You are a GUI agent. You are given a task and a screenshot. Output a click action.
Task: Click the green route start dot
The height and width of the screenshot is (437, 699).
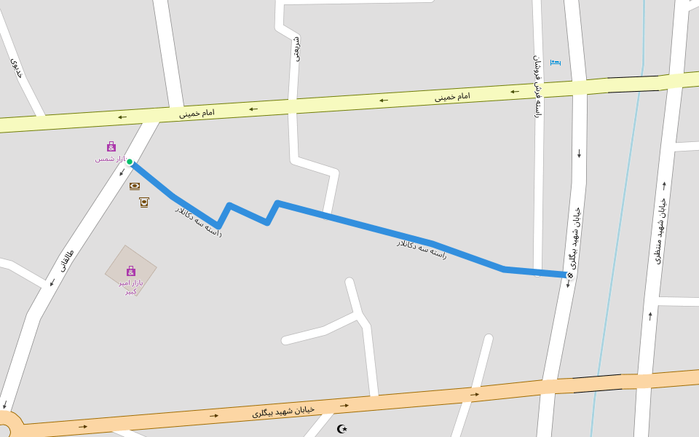click(130, 162)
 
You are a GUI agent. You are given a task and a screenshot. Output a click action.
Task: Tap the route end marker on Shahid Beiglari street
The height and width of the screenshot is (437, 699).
click(569, 275)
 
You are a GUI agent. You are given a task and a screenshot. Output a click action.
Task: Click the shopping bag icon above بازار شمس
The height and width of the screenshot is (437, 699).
click(111, 146)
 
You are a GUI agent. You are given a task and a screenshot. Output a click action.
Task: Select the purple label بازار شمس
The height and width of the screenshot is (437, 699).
click(110, 159)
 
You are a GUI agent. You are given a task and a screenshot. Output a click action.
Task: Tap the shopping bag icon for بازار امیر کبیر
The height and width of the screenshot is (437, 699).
click(131, 271)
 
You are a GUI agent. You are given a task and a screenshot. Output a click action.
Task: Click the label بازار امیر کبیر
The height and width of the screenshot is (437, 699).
click(131, 287)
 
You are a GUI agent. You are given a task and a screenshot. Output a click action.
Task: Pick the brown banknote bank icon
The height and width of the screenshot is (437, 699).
click(135, 186)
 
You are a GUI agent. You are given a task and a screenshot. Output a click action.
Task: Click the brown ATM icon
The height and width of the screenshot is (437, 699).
click(144, 202)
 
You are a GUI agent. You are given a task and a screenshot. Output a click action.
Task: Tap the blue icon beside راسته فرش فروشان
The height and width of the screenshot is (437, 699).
click(555, 63)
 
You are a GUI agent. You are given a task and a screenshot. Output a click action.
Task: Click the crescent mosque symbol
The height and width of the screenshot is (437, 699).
click(342, 428)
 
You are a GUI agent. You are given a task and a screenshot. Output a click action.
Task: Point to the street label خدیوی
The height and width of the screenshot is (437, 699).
click(17, 68)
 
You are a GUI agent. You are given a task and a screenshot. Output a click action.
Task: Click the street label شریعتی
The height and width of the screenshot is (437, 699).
click(296, 48)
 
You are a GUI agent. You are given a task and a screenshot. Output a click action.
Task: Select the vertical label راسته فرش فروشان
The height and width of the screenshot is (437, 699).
click(537, 86)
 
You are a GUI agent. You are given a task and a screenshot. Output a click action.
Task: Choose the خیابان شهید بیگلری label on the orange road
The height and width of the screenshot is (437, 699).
click(283, 412)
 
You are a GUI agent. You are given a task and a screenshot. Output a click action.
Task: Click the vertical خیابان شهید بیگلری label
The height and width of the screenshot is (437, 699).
click(574, 237)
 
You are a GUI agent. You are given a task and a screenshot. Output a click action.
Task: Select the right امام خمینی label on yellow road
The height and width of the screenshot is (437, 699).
click(452, 96)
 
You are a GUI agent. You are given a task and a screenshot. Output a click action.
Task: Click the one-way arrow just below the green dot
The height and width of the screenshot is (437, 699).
click(122, 173)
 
